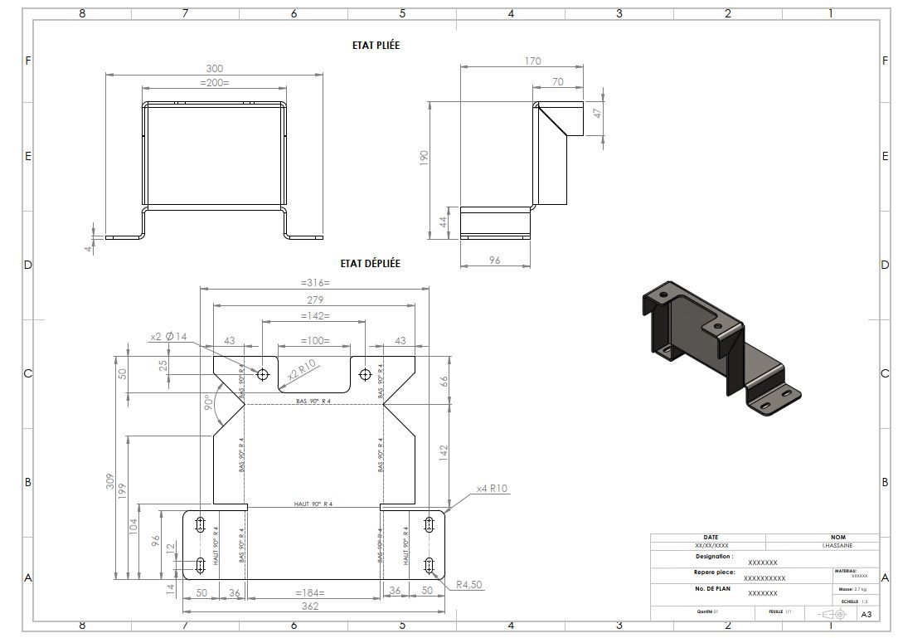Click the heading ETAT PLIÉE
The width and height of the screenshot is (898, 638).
pos(376,46)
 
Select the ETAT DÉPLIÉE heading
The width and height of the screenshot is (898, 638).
pos(370,263)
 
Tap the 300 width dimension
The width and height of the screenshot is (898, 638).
pos(215,68)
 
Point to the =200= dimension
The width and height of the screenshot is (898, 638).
pos(215,82)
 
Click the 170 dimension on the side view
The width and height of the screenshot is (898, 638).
pos(532,61)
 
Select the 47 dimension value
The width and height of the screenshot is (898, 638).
pos(596,114)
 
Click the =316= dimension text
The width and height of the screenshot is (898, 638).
pos(314,283)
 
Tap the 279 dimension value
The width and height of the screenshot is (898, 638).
pos(314,300)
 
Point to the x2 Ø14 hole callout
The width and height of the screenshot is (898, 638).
pos(168,337)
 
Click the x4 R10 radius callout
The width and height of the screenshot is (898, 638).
pos(492,489)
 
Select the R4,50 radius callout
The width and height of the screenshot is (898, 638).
pos(468,585)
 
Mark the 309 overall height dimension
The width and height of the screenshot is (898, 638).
pos(110,481)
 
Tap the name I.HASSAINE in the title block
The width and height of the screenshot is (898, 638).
pos(837,546)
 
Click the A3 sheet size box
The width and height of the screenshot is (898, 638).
pos(866,615)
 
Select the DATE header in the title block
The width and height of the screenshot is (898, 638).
pos(711,537)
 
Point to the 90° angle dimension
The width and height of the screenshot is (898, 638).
pos(209,404)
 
